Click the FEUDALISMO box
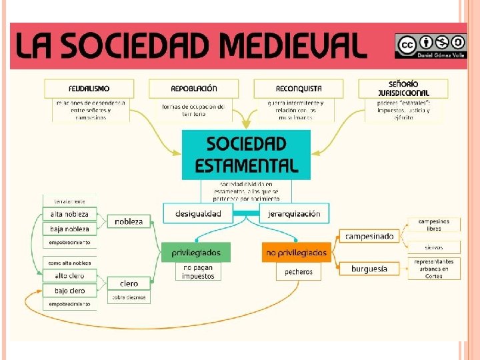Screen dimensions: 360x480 89,89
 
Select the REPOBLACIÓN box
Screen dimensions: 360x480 194,89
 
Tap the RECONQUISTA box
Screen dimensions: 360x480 298,89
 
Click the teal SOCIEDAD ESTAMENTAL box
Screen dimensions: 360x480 246,155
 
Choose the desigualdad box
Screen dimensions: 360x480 198,214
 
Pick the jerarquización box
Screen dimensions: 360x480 294,214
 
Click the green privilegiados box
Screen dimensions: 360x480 196,253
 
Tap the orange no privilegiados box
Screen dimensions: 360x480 297,253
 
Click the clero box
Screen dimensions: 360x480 129,284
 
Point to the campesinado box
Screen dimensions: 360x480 369,236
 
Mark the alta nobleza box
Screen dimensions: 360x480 69,215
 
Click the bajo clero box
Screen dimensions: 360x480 69,291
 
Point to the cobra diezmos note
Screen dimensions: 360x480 129,297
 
